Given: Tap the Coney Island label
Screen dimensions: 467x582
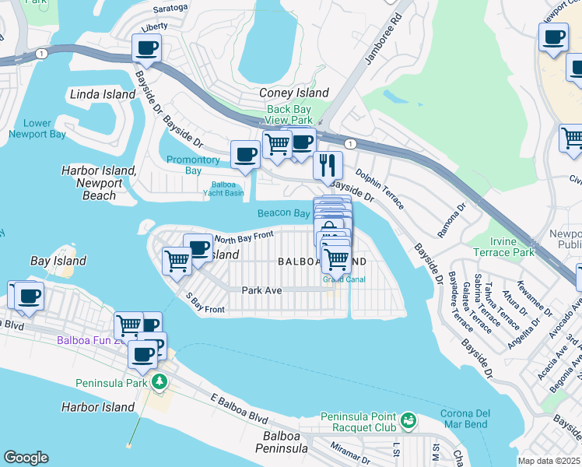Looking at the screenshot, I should [293, 93].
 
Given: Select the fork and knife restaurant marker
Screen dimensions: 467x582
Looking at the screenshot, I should [328, 164].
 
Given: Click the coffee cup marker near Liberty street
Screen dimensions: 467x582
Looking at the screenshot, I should [148, 48].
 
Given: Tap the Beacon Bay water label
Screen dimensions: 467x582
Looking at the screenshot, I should [284, 213].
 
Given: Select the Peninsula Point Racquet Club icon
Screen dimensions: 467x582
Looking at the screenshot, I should [408, 421].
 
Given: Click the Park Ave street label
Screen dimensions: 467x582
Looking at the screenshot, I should [261, 290].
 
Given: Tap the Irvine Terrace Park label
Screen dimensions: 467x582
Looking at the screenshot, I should [503, 247].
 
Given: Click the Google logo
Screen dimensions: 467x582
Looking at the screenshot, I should [26, 458].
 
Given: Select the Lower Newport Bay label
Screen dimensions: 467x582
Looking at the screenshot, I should [37, 128].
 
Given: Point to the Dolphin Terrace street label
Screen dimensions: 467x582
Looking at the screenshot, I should [380, 190].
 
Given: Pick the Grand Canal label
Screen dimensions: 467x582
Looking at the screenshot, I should [340, 279].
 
